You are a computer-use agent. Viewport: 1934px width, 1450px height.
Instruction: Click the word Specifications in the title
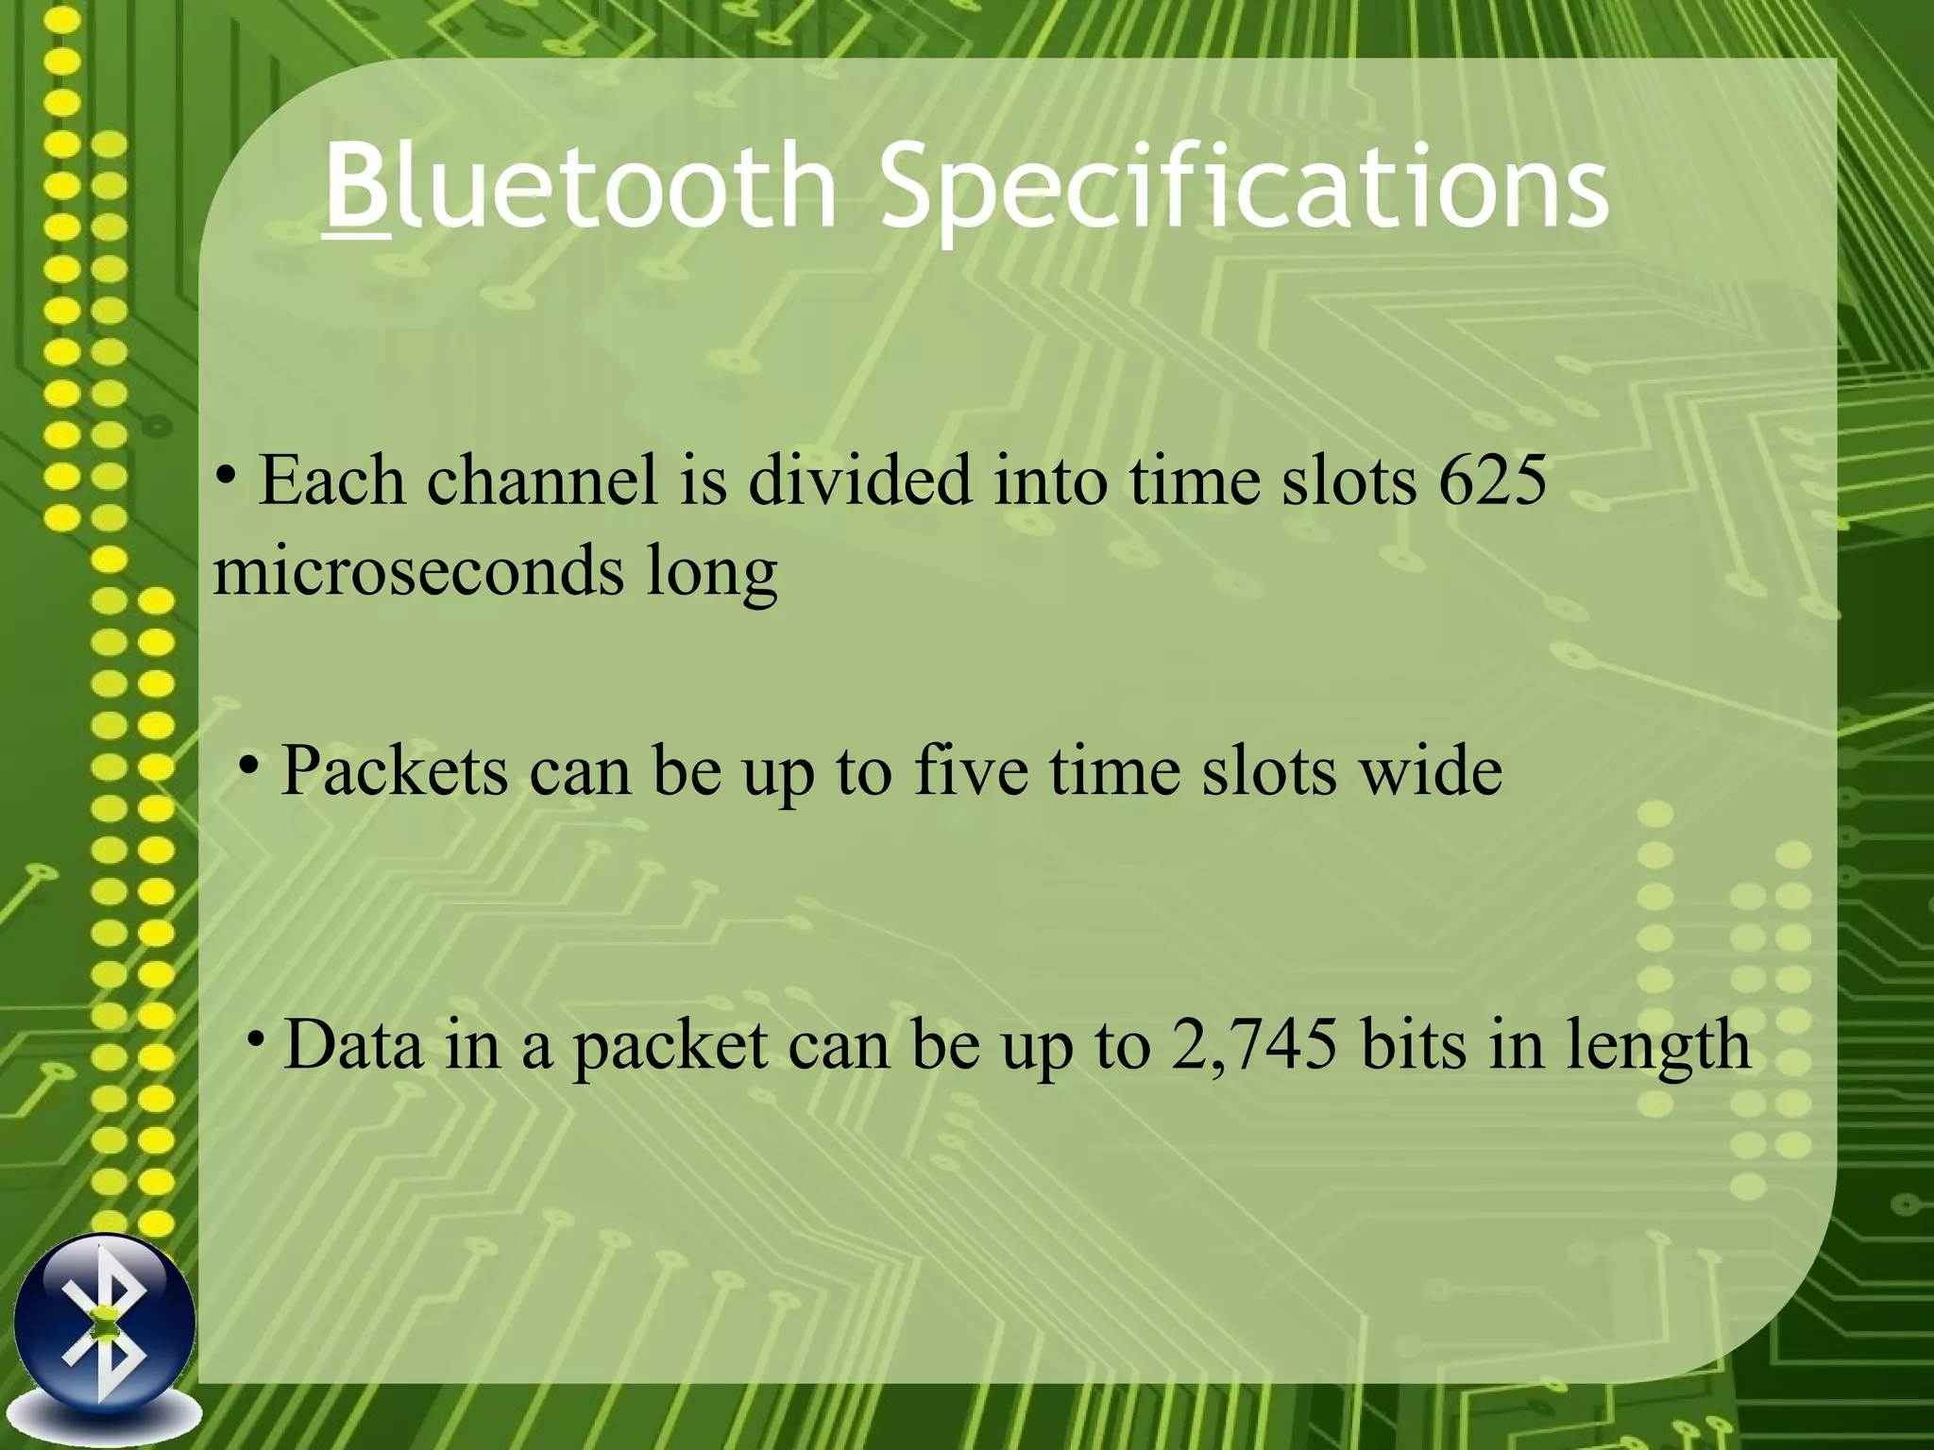(1244, 189)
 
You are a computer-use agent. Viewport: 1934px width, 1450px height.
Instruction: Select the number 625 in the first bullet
(1492, 481)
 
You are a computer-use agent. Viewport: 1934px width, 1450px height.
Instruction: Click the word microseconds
(418, 571)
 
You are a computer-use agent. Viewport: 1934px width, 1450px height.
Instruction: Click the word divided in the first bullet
(859, 481)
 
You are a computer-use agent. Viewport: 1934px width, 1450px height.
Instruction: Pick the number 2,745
(1254, 1045)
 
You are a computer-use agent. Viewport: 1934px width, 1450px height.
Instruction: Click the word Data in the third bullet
(353, 1045)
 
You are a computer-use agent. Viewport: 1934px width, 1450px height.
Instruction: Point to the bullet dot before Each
(226, 475)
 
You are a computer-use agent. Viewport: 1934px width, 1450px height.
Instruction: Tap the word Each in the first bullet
(331, 481)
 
